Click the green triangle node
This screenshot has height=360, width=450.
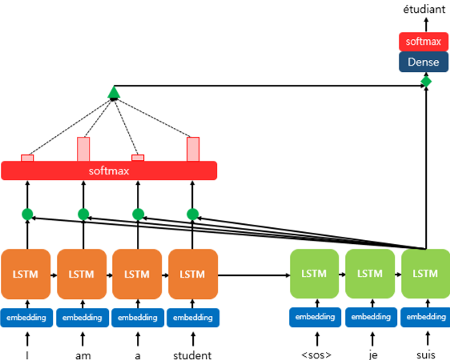114,92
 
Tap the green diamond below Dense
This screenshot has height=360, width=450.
426,82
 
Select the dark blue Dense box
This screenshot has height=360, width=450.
424,62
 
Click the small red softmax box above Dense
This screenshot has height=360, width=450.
424,42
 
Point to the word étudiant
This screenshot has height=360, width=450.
424,9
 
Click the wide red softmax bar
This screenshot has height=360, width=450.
109,171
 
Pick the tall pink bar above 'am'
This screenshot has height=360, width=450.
83,149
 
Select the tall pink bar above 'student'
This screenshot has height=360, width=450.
193,149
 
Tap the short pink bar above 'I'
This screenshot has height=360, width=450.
27,158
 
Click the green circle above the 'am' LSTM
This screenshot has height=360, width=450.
83,214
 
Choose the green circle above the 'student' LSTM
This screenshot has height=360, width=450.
192,214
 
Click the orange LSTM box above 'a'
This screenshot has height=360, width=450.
137,274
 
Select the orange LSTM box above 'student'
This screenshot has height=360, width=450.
193,274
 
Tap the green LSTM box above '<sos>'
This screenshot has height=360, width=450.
314,274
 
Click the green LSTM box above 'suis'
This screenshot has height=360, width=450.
426,274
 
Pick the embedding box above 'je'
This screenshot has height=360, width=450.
371,317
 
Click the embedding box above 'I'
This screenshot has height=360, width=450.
26,318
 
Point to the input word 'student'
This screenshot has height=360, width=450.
192,355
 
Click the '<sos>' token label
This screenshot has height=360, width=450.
316,355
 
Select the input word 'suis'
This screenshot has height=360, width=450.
426,355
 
